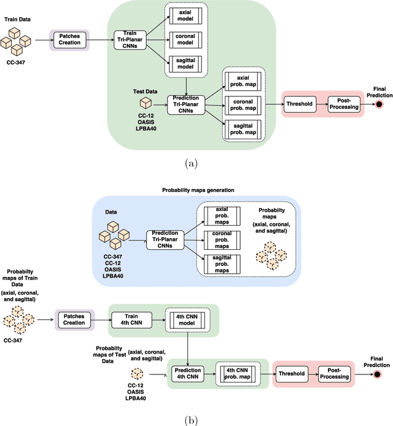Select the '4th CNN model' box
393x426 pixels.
(187, 318)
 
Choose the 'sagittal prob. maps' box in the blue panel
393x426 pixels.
(217, 262)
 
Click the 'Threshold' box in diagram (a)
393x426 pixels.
(301, 103)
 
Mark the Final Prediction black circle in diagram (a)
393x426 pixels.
(379, 104)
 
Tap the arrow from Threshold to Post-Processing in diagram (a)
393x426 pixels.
(323, 103)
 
